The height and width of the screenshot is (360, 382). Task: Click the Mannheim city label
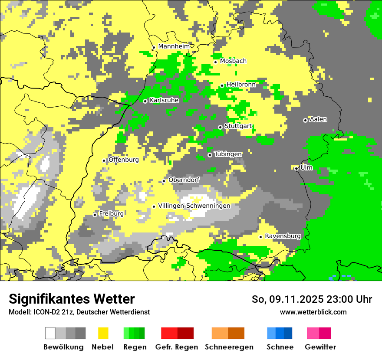tap(174, 46)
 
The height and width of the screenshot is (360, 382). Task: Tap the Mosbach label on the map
tap(233, 61)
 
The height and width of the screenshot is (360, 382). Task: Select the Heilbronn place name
tap(241, 85)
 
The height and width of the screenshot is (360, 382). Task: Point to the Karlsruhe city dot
tap(145, 101)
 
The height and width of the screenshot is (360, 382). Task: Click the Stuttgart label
tap(238, 126)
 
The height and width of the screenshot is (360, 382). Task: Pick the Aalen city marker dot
tap(305, 120)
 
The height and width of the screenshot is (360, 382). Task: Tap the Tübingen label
tap(228, 154)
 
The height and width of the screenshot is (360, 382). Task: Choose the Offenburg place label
tap(124, 160)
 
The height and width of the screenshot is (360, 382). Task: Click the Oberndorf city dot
tap(164, 181)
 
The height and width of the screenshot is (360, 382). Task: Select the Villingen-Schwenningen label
tap(194, 206)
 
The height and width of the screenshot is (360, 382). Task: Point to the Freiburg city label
tap(111, 213)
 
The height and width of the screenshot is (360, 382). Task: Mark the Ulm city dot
tap(296, 169)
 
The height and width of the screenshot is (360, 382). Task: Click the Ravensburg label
tap(283, 236)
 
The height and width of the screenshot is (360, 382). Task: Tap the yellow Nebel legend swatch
tap(103, 333)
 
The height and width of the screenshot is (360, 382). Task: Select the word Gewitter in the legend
tap(320, 347)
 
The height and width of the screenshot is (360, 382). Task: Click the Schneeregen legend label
tap(229, 347)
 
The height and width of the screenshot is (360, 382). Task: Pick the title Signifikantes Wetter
tap(72, 299)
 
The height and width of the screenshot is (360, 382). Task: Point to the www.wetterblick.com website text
tap(313, 312)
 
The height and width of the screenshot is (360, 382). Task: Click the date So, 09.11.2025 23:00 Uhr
tap(312, 299)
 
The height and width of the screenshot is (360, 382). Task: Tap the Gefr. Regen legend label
tap(177, 347)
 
